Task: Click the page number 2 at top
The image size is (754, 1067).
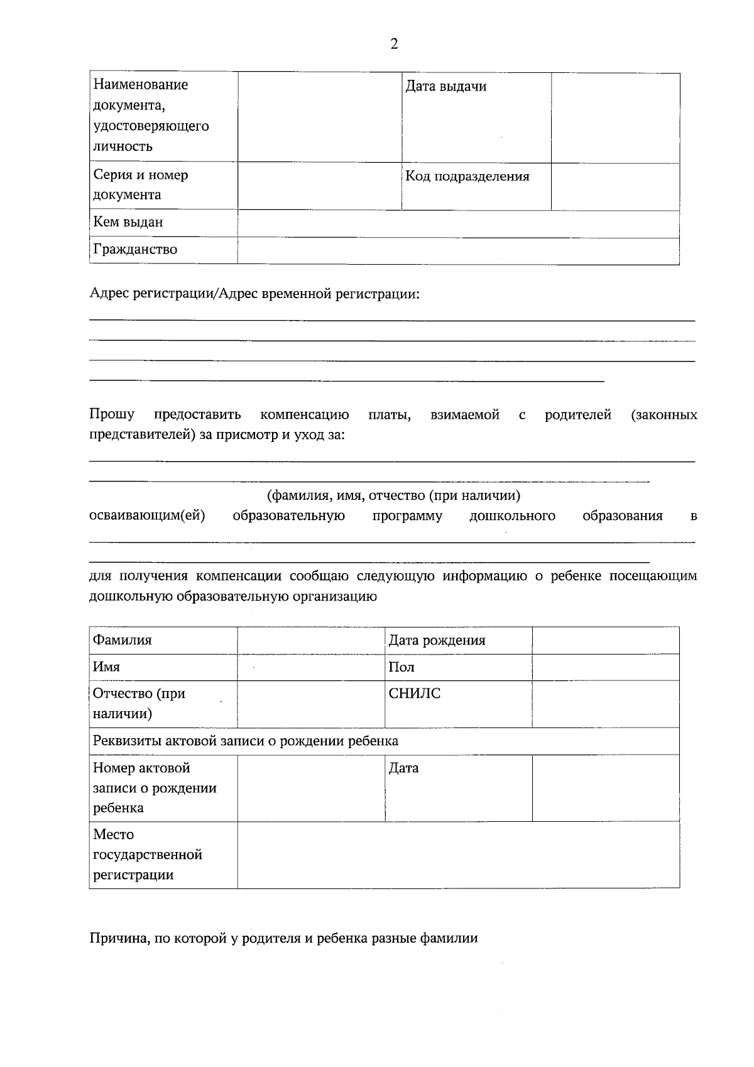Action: tap(394, 44)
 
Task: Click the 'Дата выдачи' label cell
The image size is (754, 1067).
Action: tap(445, 87)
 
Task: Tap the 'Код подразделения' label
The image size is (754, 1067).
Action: tap(467, 177)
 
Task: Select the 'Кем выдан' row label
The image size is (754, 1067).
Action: tap(128, 223)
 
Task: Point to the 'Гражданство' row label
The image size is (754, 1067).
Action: tap(135, 250)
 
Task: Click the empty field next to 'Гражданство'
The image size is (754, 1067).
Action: tap(458, 251)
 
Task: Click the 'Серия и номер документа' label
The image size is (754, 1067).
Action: tap(141, 185)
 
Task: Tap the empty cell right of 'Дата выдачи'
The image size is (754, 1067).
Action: tap(615, 118)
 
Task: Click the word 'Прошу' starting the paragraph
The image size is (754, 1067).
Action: tap(112, 415)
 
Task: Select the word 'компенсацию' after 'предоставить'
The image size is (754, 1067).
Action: tap(305, 415)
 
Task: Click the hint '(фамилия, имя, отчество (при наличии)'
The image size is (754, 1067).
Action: tap(394, 496)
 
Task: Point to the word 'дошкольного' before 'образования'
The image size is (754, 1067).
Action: tap(512, 516)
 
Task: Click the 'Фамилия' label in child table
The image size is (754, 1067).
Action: tap(123, 641)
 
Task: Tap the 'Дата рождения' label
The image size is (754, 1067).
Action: tap(437, 641)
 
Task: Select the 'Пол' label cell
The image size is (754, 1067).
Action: tap(402, 668)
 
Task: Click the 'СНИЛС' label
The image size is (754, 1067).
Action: tap(415, 694)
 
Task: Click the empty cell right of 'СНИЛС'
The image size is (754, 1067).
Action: tap(606, 704)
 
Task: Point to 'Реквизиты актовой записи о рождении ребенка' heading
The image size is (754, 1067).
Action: tap(246, 741)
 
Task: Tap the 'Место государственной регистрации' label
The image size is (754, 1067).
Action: tap(148, 855)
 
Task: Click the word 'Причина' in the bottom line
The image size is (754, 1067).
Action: tap(116, 939)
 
